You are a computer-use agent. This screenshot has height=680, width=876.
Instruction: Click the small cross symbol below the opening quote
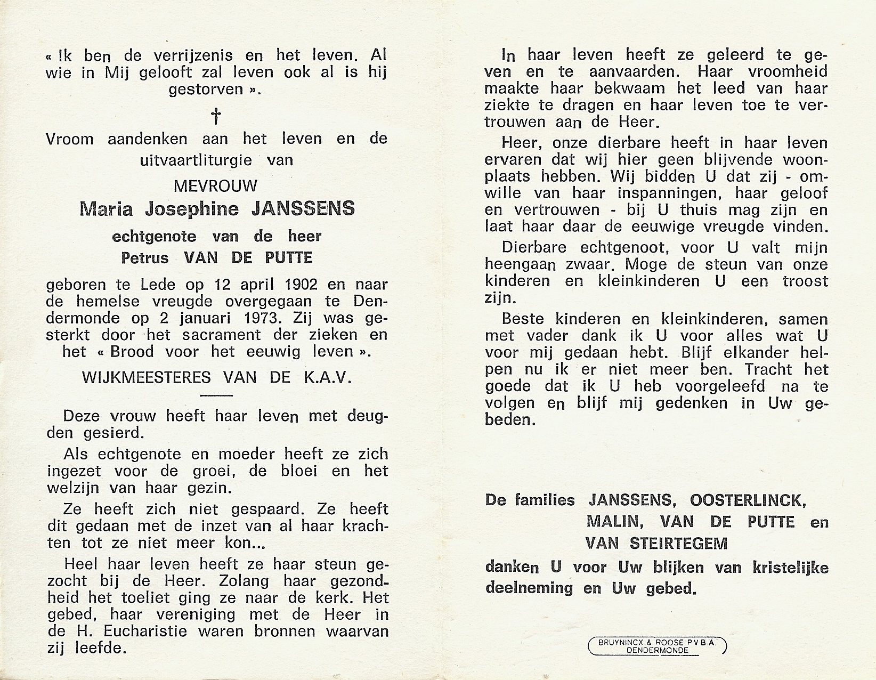(216, 116)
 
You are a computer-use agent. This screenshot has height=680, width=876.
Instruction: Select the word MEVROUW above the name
(216, 186)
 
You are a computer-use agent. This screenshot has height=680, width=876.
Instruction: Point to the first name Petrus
(145, 258)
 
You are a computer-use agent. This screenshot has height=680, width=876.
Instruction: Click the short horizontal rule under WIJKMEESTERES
(216, 395)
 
